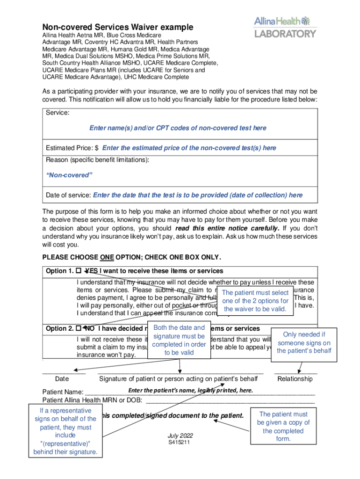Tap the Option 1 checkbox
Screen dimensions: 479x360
click(79, 271)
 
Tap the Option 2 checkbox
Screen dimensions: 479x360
click(79, 328)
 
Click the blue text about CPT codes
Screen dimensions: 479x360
click(178, 128)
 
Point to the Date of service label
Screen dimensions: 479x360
click(68, 195)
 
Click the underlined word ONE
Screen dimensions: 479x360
click(106, 257)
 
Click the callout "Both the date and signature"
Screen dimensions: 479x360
click(179, 340)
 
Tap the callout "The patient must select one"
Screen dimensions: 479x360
click(255, 301)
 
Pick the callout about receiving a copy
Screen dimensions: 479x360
click(283, 427)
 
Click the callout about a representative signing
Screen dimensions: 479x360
click(65, 431)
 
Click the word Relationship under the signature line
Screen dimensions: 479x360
click(295, 378)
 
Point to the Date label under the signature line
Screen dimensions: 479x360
click(62, 378)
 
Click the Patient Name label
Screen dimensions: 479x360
click(63, 392)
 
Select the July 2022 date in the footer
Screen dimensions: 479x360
click(180, 436)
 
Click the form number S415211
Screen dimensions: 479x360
click(179, 443)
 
